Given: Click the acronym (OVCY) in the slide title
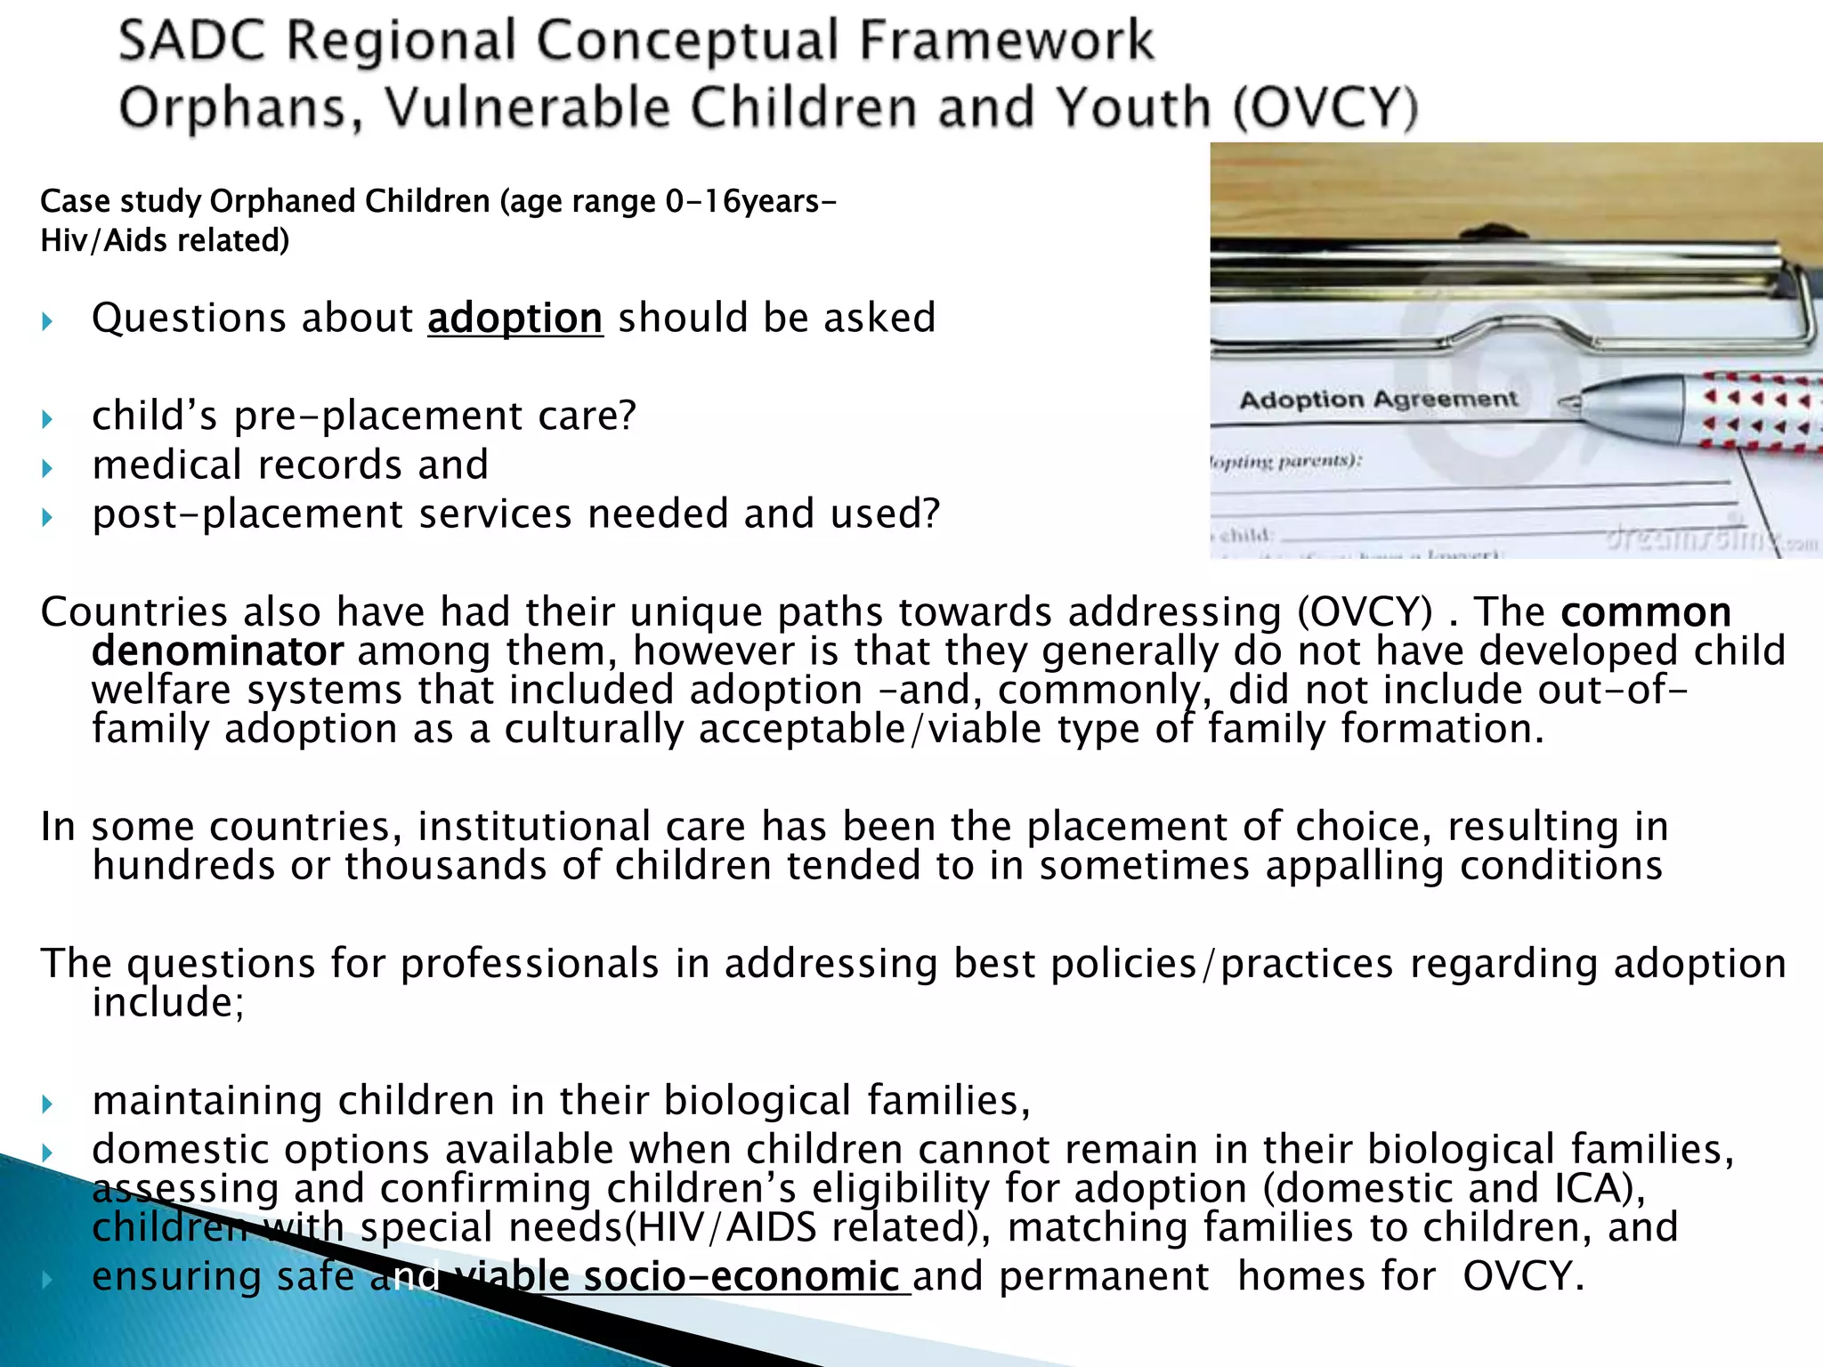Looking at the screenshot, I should (x=1325, y=109).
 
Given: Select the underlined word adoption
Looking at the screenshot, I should (x=514, y=319).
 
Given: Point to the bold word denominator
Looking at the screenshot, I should (x=217, y=651).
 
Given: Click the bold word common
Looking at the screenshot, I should (x=1646, y=612).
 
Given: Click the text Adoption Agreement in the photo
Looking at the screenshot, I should (x=1378, y=400).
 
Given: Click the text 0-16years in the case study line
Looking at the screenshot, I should (x=749, y=202).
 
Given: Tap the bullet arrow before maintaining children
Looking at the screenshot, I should (x=48, y=1104).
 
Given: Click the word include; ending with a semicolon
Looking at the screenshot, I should (x=167, y=1003).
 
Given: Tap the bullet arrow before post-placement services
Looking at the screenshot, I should (x=48, y=517).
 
